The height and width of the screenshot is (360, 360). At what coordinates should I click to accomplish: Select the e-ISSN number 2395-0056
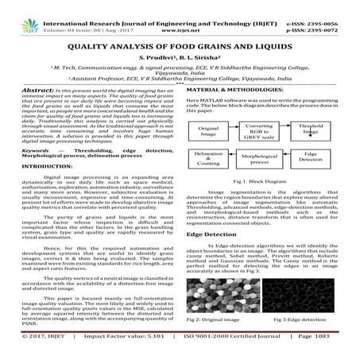tap(327, 7)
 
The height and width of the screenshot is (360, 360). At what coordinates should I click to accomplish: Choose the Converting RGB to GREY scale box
tap(256, 130)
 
